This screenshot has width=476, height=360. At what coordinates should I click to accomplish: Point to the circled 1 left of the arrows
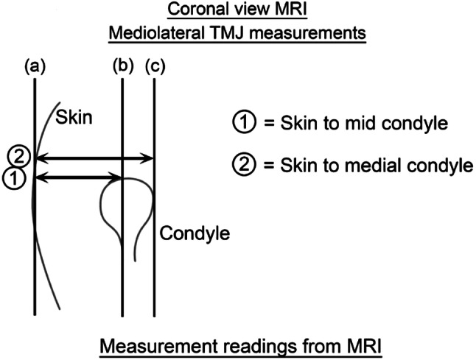coord(15,177)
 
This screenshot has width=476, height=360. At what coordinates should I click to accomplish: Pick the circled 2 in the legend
coord(243,165)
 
